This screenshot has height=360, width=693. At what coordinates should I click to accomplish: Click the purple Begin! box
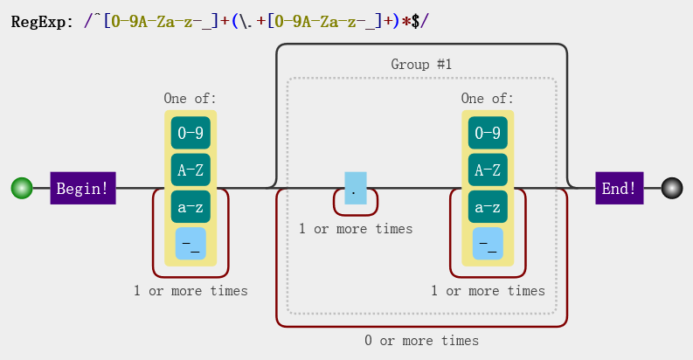pos(83,188)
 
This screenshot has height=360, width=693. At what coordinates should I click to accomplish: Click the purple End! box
pos(620,188)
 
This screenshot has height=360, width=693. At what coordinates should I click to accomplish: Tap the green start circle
pos(22,188)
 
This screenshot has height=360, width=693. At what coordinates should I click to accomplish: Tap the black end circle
pos(671,188)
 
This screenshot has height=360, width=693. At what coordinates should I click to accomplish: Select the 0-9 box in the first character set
pos(191,134)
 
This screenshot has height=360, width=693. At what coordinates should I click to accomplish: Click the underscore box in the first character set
pos(191,244)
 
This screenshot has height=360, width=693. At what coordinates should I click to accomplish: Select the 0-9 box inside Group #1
pos(488,134)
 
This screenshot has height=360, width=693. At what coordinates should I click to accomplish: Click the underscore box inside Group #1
pos(488,244)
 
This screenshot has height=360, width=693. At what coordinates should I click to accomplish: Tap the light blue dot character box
pos(355,188)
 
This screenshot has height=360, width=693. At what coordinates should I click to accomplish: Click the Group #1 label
pos(421,65)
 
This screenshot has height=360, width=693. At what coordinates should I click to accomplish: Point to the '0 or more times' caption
pos(421,341)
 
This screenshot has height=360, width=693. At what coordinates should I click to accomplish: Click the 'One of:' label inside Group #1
pos(488,99)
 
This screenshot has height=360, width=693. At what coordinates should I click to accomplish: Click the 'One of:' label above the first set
pos(191,99)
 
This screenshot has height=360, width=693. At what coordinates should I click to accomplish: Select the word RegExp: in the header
pos(43,20)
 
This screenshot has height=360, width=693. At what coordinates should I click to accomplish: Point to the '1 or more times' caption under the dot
pos(355,229)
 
